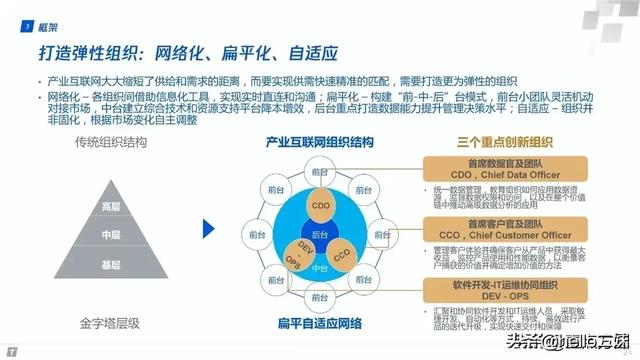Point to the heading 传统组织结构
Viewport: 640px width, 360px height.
coord(110,143)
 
